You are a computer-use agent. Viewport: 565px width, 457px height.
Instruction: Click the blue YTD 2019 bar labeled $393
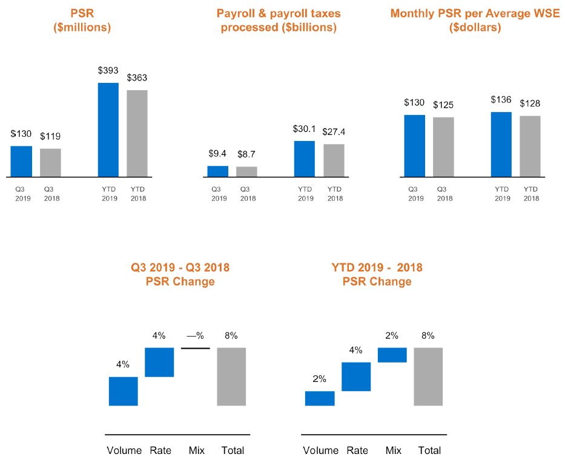[108, 130]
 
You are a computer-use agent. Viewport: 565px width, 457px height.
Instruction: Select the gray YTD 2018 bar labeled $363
[137, 133]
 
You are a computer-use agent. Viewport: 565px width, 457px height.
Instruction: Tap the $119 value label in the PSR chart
[50, 136]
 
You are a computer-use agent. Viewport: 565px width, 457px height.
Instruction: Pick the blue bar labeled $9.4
[217, 171]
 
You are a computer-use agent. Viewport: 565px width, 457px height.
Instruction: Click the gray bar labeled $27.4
[334, 160]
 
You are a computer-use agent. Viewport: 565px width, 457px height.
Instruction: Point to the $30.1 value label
[305, 129]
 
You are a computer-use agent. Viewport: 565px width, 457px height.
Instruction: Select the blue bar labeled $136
[501, 144]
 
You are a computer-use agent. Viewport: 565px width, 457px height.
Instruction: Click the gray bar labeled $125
[443, 146]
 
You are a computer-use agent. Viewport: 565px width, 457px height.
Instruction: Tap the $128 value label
[530, 104]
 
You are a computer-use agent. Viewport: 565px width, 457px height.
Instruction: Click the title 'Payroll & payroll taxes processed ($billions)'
[278, 20]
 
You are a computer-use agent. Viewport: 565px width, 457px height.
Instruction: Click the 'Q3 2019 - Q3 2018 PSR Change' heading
[180, 274]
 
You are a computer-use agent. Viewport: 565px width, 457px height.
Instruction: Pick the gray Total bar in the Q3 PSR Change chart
[231, 376]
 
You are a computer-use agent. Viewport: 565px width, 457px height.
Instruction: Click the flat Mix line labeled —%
[195, 348]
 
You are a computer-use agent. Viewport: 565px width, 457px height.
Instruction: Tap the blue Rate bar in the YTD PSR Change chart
[356, 376]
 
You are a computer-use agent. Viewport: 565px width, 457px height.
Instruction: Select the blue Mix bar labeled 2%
[392, 355]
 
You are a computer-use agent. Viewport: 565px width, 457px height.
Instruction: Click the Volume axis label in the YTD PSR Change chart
[320, 450]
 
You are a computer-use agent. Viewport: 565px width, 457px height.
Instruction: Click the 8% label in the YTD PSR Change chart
[428, 336]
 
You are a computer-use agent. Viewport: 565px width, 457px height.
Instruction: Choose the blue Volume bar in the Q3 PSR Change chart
[124, 391]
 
